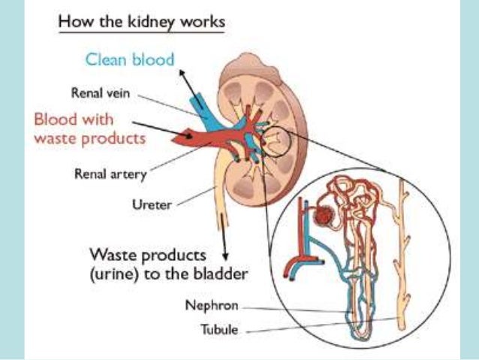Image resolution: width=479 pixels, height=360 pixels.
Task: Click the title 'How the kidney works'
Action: pyautogui.click(x=140, y=21)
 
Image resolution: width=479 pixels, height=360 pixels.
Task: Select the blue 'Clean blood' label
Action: pyautogui.click(x=129, y=59)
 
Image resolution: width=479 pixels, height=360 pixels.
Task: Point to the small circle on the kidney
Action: pyautogui.click(x=274, y=141)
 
